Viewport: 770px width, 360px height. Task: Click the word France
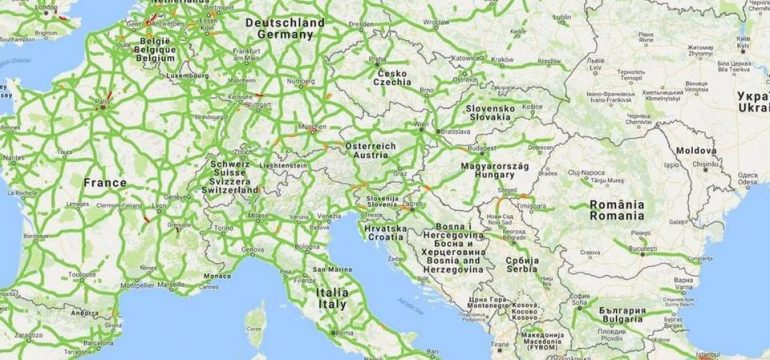pyautogui.click(x=105, y=183)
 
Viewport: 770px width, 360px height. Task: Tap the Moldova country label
pyautogui.click(x=696, y=150)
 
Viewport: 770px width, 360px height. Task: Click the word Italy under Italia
pyautogui.click(x=331, y=304)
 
